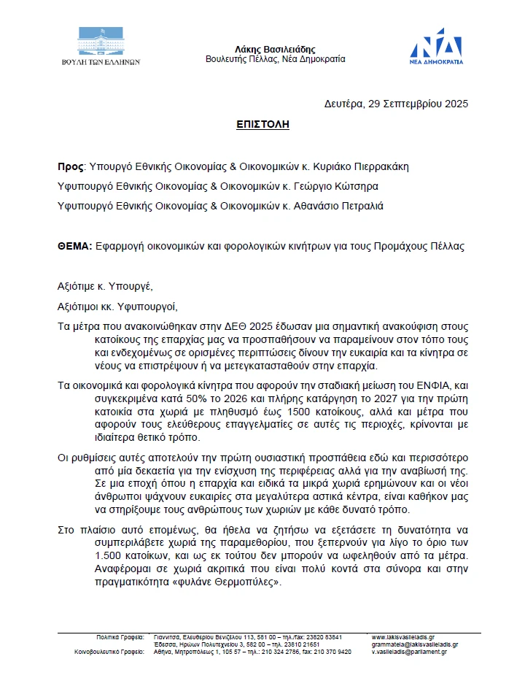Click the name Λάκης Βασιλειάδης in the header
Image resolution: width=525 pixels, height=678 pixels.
[x=275, y=47]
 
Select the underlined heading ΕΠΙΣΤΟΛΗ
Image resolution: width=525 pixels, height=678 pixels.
[x=262, y=125]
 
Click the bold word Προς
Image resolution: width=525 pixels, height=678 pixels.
[x=70, y=166]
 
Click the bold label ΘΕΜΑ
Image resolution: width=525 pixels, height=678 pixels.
[x=74, y=247]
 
